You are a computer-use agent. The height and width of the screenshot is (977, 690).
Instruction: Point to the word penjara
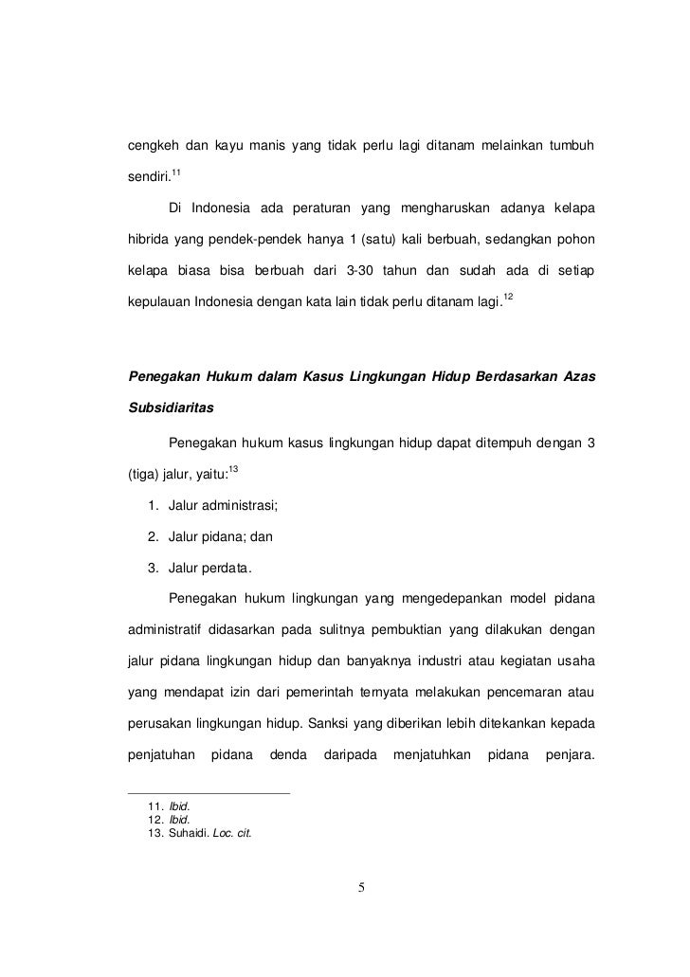(x=571, y=758)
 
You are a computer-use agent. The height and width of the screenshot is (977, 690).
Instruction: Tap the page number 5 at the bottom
(x=361, y=888)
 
